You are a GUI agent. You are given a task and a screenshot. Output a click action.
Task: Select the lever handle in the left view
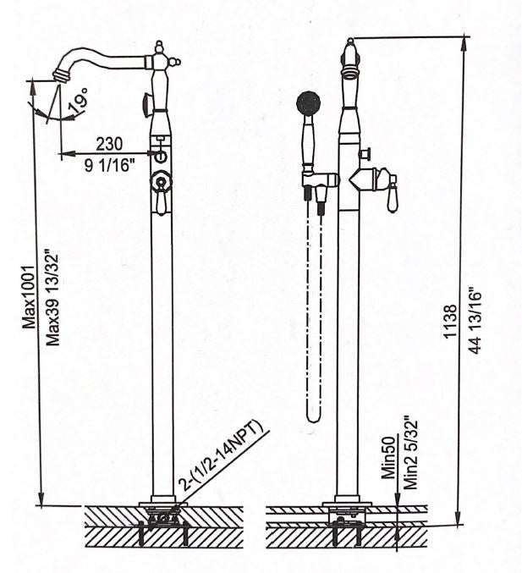pos(161,201)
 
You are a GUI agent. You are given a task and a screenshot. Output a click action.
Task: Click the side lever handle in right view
pos(392,192)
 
